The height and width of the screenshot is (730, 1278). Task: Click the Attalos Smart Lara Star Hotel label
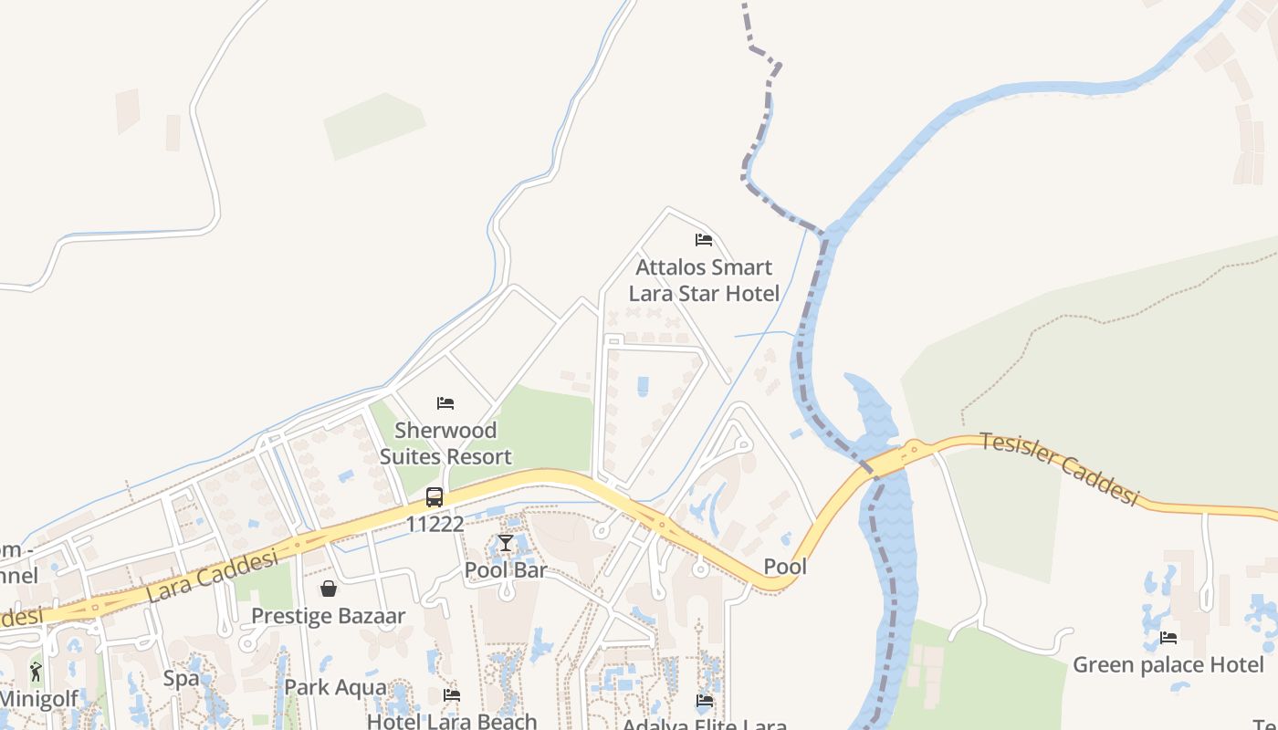point(704,280)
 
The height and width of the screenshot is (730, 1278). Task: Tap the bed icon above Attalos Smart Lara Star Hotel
point(704,240)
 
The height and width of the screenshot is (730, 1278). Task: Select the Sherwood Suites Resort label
point(445,443)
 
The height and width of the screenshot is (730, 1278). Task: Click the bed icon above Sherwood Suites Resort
point(445,402)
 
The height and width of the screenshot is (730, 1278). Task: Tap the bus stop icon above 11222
point(435,497)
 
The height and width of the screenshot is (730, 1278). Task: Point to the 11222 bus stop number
point(435,525)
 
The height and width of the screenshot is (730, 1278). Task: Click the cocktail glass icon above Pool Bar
point(506,543)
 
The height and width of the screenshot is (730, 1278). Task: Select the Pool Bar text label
point(506,570)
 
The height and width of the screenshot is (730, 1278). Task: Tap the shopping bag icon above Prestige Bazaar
point(329,589)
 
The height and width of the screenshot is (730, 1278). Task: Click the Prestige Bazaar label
point(329,616)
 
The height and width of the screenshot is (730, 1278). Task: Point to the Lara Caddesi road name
point(212,577)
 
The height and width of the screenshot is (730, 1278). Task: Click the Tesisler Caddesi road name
point(1060,469)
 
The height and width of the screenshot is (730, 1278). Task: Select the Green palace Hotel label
point(1168,664)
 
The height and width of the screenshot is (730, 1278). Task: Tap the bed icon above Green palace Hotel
point(1168,637)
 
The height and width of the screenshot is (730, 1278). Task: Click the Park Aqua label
point(335,687)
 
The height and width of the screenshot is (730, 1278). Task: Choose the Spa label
point(181,679)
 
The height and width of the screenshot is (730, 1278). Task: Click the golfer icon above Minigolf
point(36,673)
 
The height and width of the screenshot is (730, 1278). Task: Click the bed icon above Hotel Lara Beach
point(452,695)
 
